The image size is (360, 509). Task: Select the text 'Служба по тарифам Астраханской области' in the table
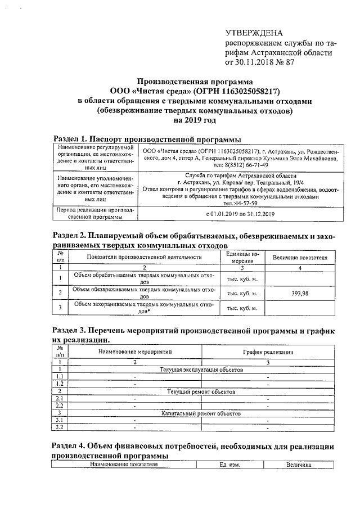pos(240,175)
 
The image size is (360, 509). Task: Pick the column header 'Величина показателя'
pos(300,257)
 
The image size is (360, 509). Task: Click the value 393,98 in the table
pos(300,293)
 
